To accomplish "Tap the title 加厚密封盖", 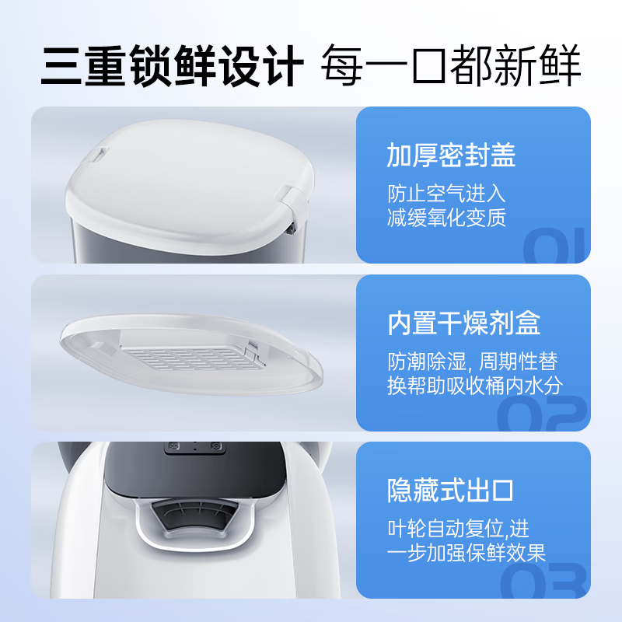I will coord(451,156).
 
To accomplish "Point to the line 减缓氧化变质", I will coord(446,218).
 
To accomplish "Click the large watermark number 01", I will coord(555,247).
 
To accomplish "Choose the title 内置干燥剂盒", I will coord(464,323).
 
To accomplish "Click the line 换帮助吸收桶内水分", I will coord(474,386).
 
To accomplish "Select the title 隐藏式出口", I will coord(451,491).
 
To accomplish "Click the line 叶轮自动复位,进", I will coord(459,529).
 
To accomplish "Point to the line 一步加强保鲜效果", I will coord(466,553).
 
